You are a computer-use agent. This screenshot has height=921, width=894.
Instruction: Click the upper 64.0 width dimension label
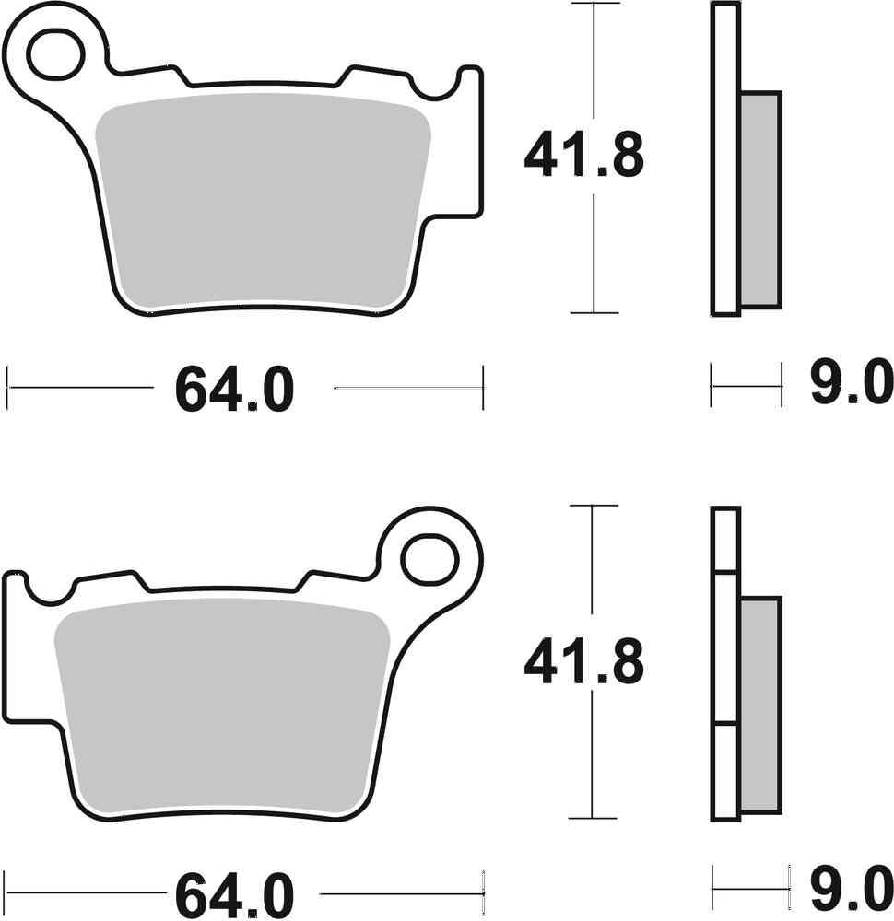[x=234, y=391]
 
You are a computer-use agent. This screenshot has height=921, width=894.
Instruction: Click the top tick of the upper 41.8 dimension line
[x=594, y=4]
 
